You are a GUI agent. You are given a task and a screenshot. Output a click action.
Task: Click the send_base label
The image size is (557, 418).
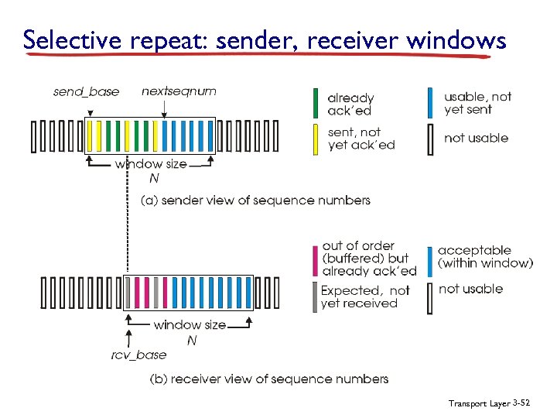tap(86, 92)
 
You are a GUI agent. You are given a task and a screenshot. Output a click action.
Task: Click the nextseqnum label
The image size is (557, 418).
tap(179, 91)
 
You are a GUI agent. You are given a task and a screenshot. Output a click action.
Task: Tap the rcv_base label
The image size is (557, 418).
tap(138, 355)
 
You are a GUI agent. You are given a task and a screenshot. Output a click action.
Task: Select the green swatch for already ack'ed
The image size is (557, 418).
tap(316, 103)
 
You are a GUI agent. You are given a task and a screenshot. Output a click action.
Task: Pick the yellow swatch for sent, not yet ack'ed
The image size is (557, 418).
tap(316, 139)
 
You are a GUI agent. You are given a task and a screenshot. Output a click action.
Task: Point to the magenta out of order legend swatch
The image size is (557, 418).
tap(315, 258)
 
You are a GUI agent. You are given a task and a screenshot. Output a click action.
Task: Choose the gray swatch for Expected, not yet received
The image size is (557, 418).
tap(315, 296)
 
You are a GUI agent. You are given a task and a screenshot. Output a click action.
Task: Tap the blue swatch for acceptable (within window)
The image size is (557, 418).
tap(430, 258)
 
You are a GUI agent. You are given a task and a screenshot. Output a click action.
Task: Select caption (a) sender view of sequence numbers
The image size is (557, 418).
tap(255, 200)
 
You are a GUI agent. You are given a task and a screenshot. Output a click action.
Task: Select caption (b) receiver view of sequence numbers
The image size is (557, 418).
tap(268, 379)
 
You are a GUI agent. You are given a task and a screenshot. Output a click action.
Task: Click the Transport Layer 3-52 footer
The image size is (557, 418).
tap(488, 404)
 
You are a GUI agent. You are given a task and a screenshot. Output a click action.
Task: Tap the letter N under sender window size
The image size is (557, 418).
tap(154, 179)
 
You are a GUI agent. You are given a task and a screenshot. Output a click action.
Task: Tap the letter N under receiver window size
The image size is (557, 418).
tap(191, 340)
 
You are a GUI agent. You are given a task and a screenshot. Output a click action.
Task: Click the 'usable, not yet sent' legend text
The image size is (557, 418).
tap(477, 103)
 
